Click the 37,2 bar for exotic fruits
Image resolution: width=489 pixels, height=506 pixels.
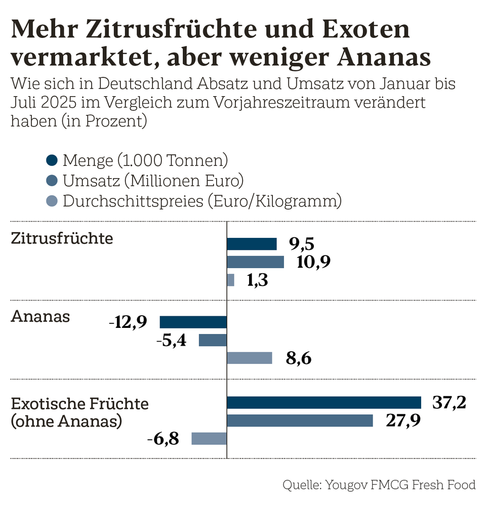click(324, 402)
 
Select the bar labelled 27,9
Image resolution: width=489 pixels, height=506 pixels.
click(300, 420)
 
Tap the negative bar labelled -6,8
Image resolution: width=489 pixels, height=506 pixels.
click(209, 439)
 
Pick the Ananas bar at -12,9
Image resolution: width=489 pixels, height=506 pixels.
click(193, 322)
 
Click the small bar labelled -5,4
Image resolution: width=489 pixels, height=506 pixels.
click(213, 340)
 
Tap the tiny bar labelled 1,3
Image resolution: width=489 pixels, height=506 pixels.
click(230, 280)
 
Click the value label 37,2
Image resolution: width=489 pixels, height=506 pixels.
click(449, 403)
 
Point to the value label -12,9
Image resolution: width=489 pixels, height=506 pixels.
click(128, 322)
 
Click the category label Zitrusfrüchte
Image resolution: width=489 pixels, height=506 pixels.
click(62, 238)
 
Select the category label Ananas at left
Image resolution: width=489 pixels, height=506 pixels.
click(40, 317)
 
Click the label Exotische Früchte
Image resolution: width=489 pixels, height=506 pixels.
click(79, 404)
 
